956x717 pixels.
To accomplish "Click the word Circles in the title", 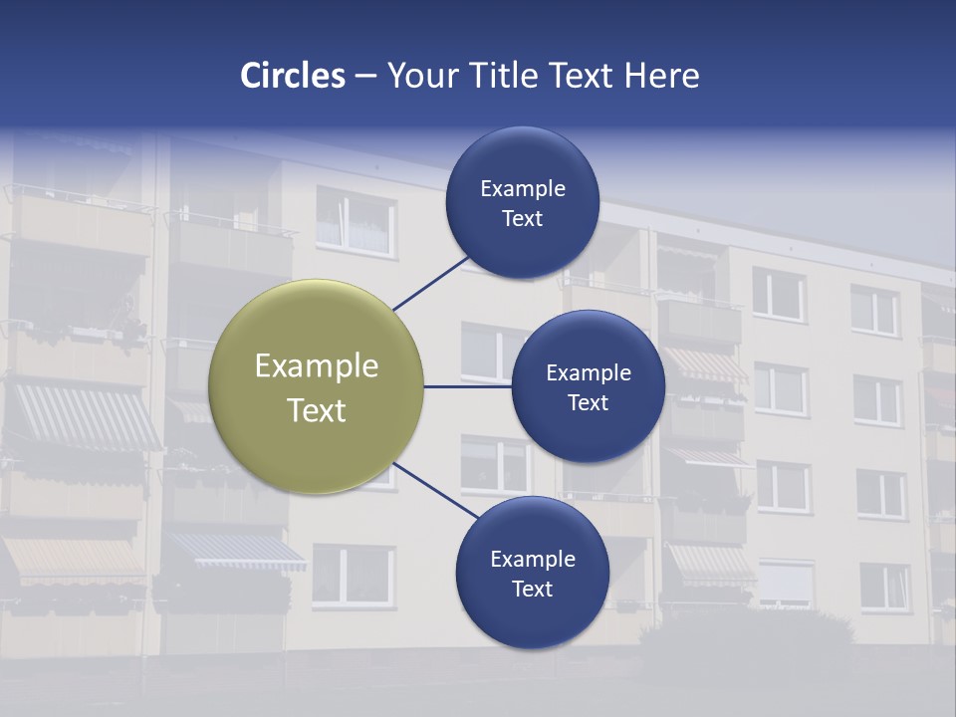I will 292,76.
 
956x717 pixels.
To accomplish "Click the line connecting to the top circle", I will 430,282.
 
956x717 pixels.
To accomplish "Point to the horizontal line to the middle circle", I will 468,386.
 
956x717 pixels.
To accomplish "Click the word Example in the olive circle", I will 316,366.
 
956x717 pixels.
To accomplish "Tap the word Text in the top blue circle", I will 522,219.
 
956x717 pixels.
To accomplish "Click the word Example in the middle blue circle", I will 588,373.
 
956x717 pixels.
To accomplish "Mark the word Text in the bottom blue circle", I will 532,590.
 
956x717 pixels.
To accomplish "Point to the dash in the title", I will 365,77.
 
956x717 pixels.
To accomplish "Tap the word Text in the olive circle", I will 316,410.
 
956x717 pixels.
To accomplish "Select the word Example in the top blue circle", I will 522,189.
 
